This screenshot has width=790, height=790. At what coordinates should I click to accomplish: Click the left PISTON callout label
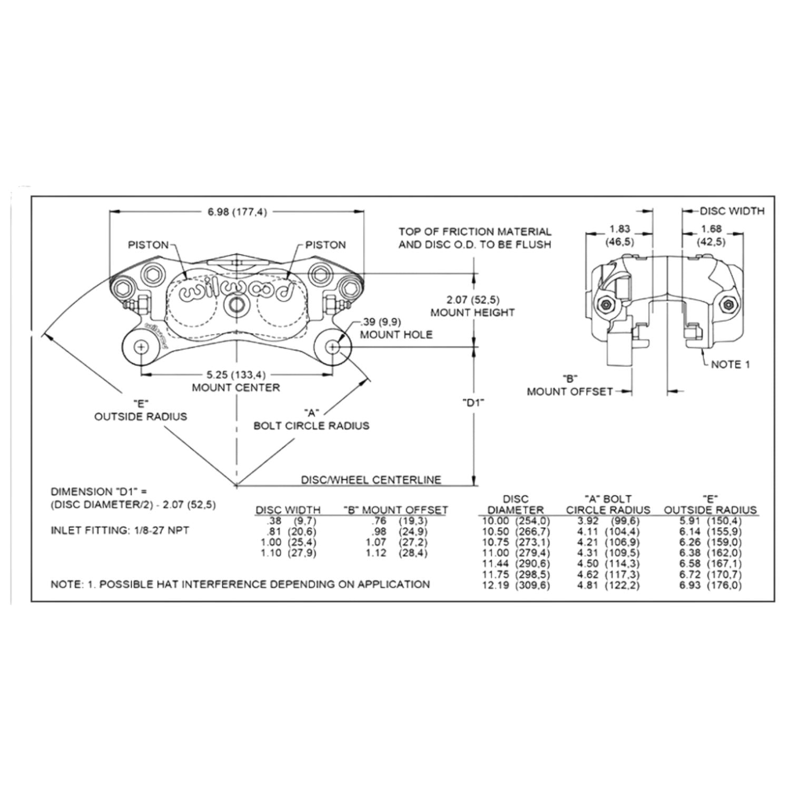point(149,245)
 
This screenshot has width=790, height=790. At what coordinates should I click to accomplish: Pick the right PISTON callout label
point(326,245)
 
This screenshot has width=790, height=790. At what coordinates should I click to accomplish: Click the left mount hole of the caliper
point(141,347)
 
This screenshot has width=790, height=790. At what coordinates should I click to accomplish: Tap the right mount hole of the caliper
point(332,347)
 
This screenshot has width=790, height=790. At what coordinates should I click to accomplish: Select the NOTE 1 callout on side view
point(730,364)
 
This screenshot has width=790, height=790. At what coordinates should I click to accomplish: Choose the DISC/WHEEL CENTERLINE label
point(371,480)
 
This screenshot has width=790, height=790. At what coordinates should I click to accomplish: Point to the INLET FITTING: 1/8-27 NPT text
point(120,530)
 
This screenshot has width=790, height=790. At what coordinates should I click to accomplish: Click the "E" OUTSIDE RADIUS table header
point(710,504)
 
